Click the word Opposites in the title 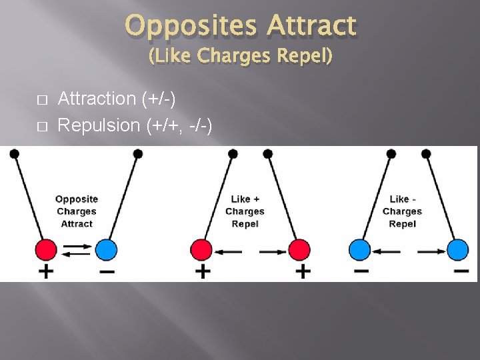tap(191, 27)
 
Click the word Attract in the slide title tap(311, 27)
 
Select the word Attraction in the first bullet tap(97, 99)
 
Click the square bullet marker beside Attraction tap(41, 100)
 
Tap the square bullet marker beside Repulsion tap(41, 126)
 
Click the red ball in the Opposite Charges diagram tap(47, 250)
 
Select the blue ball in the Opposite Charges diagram tap(106, 250)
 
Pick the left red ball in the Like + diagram tap(201, 250)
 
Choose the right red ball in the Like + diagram tap(299, 250)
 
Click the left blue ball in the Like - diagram tap(359, 250)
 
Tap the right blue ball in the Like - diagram tap(457, 250)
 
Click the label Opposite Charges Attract tap(76, 211)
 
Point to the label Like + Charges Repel tap(245, 211)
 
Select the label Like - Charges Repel tap(402, 211)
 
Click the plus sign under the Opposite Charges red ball tap(45, 271)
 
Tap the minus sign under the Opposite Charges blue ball tap(107, 271)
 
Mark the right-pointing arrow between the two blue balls tap(431, 251)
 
